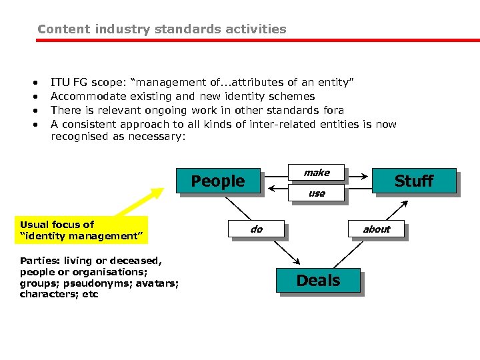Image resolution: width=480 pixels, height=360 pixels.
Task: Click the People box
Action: tap(218, 181)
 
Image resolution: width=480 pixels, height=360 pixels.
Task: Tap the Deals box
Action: tap(318, 281)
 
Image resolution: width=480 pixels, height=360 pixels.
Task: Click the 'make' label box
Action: tap(317, 173)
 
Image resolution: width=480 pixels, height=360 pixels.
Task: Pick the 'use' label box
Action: tap(317, 193)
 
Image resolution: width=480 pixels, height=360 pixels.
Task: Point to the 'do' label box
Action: tap(257, 229)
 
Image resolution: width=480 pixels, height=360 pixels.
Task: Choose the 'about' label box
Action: tap(376, 229)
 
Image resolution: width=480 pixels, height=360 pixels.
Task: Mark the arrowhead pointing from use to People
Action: tap(271, 189)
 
